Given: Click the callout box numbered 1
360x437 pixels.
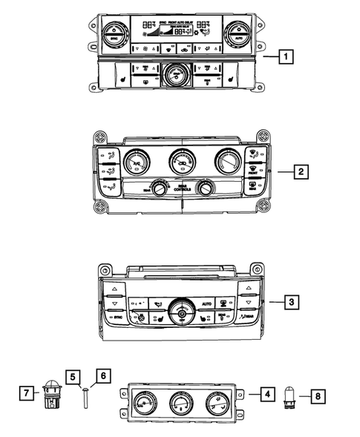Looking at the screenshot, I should pos(285,55).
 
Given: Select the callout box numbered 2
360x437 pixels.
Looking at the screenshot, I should pos(299,172).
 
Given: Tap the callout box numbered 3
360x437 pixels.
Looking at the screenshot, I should pos(292,302).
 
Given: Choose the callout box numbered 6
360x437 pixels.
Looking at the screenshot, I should pos(102,376).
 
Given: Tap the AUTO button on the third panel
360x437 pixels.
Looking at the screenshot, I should pos(207,304).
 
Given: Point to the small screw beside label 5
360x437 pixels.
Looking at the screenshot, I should pos(86,394).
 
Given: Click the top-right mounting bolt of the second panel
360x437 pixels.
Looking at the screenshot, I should pos(260,137).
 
